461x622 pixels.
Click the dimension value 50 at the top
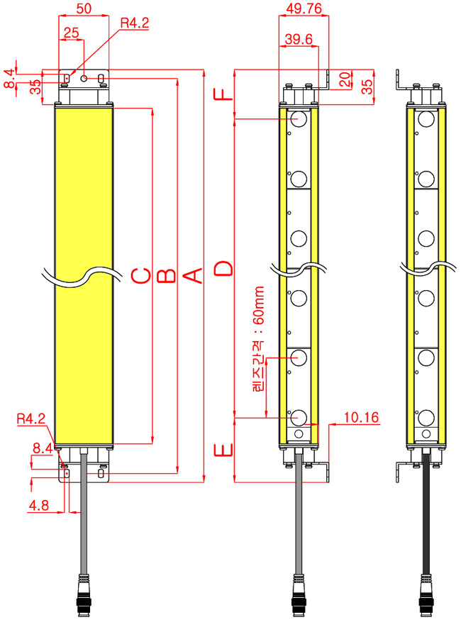[84, 9]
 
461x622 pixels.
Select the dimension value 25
[72, 33]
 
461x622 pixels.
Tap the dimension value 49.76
[304, 9]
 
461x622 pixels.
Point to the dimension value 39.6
[299, 39]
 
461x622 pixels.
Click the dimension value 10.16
[361, 417]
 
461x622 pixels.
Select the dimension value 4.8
[39, 506]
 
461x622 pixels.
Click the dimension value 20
[345, 79]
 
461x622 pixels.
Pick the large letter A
[194, 275]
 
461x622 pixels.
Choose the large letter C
[141, 276]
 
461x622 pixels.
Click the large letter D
[223, 268]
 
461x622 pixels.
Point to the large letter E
[223, 450]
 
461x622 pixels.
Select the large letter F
[223, 94]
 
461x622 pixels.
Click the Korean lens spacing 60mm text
[258, 339]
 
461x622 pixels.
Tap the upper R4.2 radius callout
[135, 23]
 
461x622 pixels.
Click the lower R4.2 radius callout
[31, 418]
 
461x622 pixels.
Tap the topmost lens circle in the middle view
[299, 118]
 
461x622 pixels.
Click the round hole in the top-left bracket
[84, 78]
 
